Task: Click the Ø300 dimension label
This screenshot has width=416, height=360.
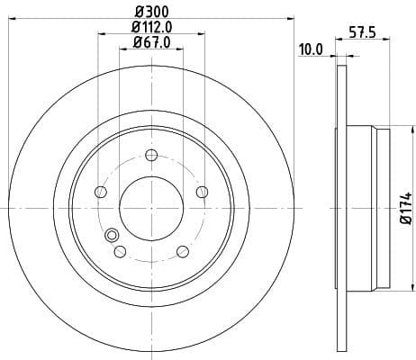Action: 151,12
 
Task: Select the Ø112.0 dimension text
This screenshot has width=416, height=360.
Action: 151,27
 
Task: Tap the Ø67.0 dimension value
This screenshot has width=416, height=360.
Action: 151,42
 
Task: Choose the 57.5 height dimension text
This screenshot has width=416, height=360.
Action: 362,33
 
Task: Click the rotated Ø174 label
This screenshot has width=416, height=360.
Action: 405,208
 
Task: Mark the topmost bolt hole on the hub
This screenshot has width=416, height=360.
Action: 151,155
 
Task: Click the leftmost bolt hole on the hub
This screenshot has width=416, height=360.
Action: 100,193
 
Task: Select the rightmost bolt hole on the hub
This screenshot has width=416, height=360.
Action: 203,192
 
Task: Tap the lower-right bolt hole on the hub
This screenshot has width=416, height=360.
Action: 182,251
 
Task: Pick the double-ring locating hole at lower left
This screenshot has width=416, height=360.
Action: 113,236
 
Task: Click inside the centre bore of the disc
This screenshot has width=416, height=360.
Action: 150,206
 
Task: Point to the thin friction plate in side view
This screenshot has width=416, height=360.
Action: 341,207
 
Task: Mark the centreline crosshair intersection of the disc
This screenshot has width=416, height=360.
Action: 150,208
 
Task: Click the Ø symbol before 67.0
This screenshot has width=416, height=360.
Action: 137,42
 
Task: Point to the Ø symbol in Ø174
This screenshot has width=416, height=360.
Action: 405,222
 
